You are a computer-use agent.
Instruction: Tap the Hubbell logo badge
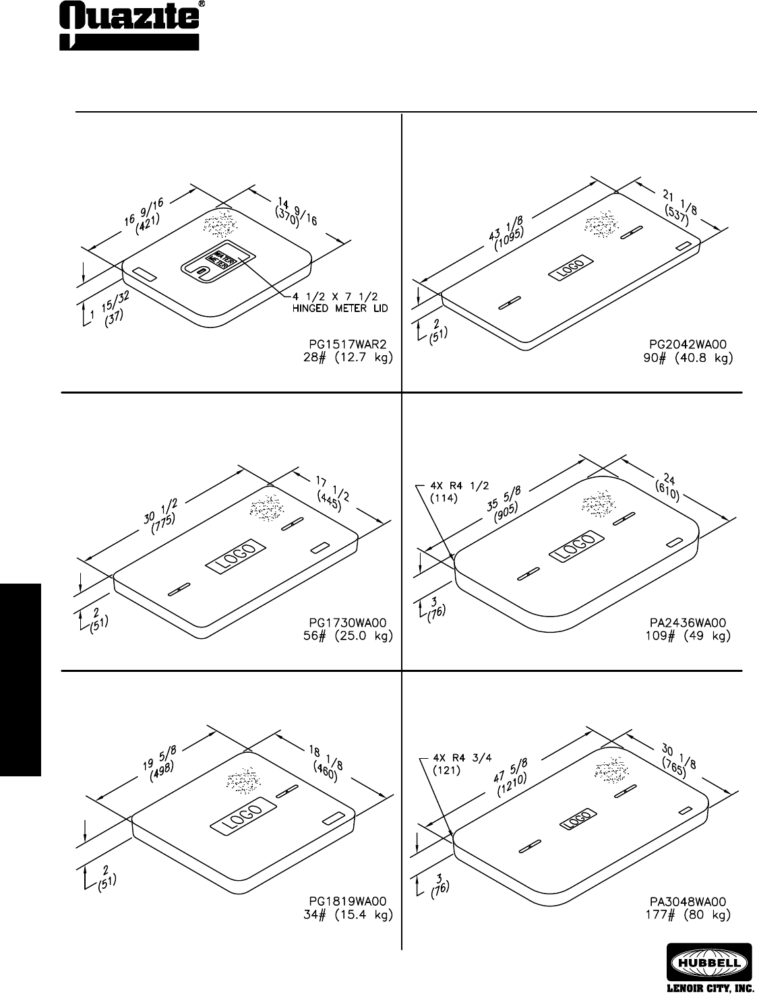pyautogui.click(x=709, y=960)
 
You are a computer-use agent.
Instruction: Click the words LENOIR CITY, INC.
pyautogui.click(x=708, y=987)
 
